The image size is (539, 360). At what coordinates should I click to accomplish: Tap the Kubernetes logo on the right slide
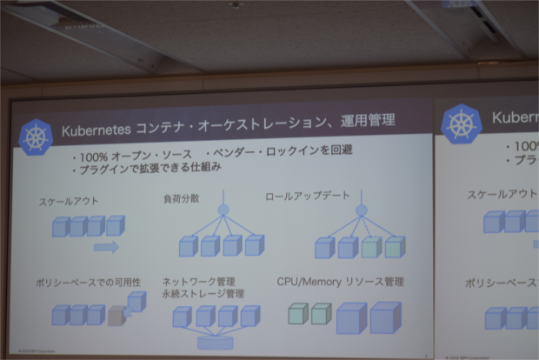tap(462, 124)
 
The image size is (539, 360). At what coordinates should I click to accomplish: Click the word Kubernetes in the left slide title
tap(96, 130)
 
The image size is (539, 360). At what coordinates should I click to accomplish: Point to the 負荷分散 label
tap(181, 198)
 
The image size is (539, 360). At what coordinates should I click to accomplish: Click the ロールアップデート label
tap(305, 197)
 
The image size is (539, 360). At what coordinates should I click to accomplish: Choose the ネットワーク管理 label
tap(198, 282)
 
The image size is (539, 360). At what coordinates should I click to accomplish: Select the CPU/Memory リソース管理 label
tap(340, 282)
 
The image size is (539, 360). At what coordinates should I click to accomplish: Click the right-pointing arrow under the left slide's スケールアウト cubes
tap(106, 247)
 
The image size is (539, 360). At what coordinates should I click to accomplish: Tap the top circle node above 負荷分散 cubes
tap(223, 210)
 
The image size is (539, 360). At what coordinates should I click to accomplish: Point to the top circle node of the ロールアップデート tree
tap(362, 210)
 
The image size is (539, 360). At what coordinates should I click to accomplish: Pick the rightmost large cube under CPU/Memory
tap(384, 317)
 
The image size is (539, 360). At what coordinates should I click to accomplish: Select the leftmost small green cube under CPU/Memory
tap(298, 314)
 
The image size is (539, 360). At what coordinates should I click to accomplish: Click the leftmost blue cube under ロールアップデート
tap(324, 248)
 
